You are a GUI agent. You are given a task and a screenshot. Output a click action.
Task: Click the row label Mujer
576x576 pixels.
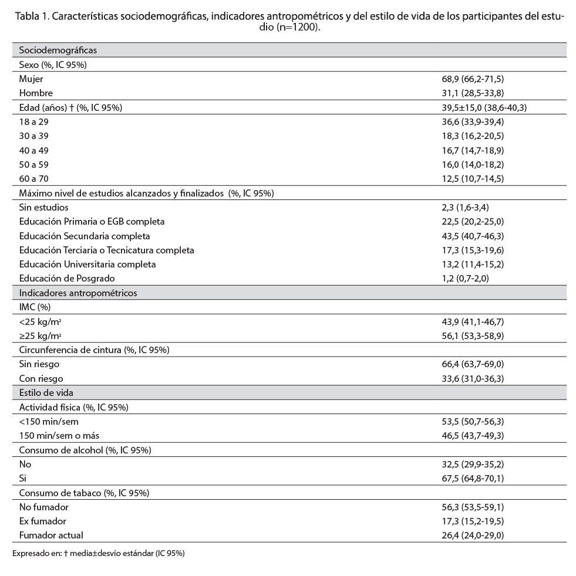click(x=31, y=79)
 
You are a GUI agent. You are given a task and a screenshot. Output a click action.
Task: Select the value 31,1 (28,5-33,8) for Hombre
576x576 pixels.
click(x=467, y=93)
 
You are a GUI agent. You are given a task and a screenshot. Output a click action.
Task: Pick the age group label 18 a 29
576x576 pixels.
click(x=33, y=121)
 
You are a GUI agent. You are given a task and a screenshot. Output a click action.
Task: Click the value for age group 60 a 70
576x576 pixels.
click(x=467, y=178)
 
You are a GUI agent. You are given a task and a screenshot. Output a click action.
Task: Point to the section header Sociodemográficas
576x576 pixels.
click(x=58, y=50)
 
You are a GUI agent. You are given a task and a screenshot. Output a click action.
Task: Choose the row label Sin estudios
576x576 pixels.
click(x=43, y=207)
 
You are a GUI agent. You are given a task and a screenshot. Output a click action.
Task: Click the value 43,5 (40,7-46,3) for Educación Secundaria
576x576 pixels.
click(x=467, y=236)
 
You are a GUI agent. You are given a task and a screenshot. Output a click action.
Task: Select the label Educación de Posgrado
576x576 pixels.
click(x=66, y=279)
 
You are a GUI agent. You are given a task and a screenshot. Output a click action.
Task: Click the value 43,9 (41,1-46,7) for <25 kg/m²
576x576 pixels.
click(x=467, y=321)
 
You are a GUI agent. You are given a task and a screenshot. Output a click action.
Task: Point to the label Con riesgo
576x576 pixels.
click(x=41, y=378)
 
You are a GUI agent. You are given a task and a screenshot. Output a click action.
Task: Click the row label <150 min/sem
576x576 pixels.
click(x=49, y=421)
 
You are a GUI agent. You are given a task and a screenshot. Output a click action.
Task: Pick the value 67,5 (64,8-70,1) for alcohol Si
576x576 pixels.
click(x=467, y=479)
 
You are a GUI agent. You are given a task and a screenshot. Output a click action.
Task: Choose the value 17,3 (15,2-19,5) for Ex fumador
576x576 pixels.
click(x=467, y=521)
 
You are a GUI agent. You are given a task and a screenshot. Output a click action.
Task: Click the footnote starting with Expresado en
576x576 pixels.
click(x=98, y=553)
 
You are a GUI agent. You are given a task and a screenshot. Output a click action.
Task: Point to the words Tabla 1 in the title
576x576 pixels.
click(x=32, y=16)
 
